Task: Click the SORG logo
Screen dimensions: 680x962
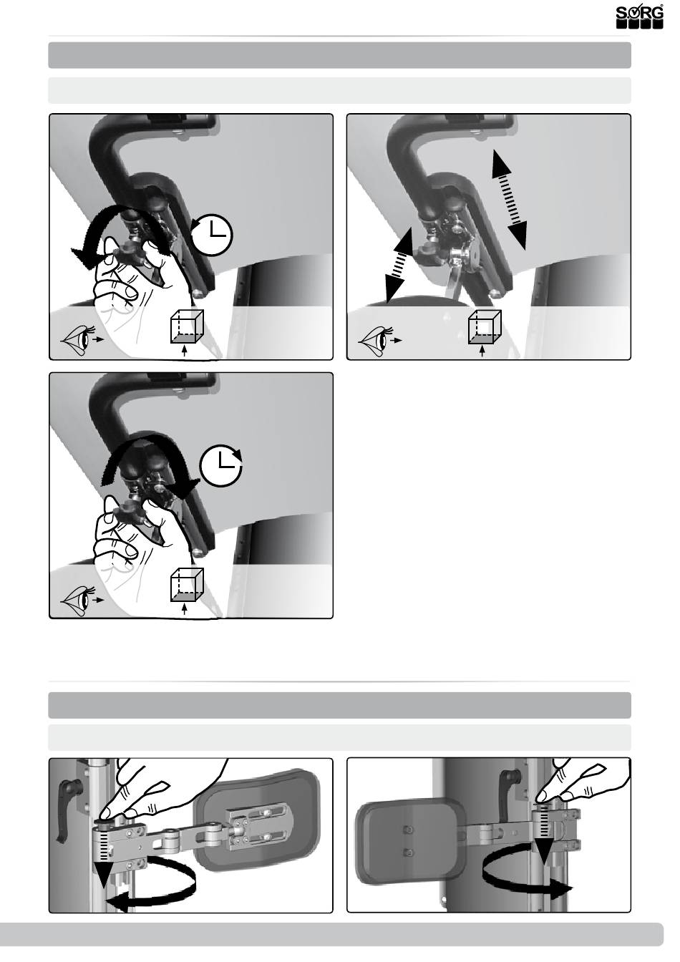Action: pyautogui.click(x=640, y=16)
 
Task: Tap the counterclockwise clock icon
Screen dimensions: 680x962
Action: pyautogui.click(x=211, y=235)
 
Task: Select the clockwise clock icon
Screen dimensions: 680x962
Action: pyautogui.click(x=221, y=467)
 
